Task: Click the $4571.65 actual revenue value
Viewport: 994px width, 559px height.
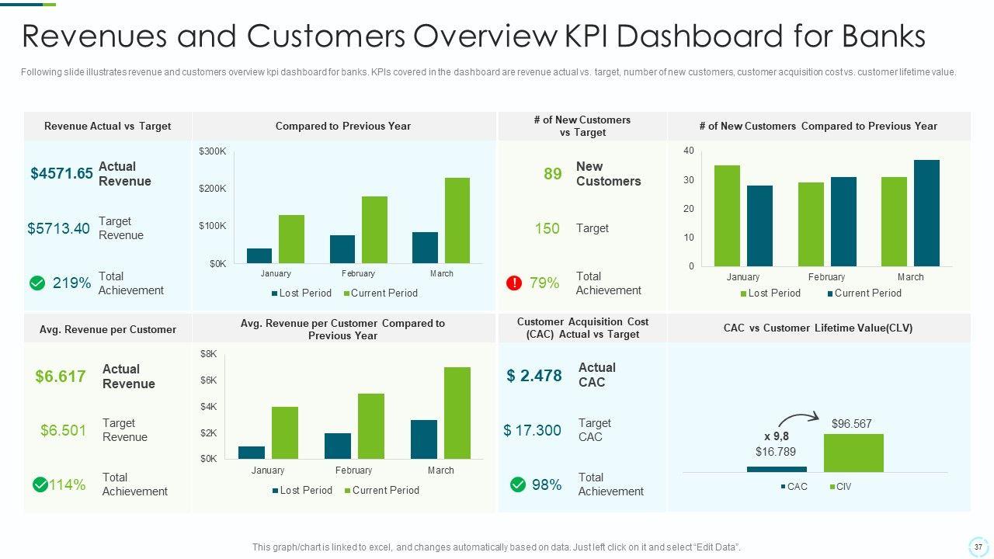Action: pyautogui.click(x=62, y=173)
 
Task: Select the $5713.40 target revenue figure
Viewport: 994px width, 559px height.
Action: pyautogui.click(x=59, y=228)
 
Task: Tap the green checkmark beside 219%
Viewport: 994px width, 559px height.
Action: pyautogui.click(x=36, y=283)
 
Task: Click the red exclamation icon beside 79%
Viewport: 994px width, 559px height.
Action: pyautogui.click(x=513, y=283)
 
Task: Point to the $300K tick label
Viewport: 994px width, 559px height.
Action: pyautogui.click(x=213, y=151)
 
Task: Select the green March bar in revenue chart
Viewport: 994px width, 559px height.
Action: pyautogui.click(x=457, y=220)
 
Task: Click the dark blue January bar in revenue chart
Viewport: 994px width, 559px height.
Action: pyautogui.click(x=259, y=255)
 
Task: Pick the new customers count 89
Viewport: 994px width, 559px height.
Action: pyautogui.click(x=552, y=174)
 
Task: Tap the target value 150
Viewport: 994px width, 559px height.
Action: pyautogui.click(x=547, y=228)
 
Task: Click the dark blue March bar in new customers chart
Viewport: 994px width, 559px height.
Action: pyautogui.click(x=926, y=213)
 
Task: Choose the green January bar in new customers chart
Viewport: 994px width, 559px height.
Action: pyautogui.click(x=727, y=216)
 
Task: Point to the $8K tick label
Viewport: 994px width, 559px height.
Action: pyautogui.click(x=209, y=353)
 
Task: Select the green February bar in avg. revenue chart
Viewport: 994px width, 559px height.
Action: pyautogui.click(x=371, y=426)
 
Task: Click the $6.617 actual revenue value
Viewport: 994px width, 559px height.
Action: pyautogui.click(x=61, y=377)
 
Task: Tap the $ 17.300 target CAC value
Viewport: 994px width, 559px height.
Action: pyautogui.click(x=532, y=430)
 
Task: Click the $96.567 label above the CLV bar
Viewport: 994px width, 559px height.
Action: pyautogui.click(x=852, y=424)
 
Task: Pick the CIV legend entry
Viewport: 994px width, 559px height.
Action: pyautogui.click(x=840, y=487)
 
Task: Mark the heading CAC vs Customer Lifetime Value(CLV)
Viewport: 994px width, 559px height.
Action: pyautogui.click(x=818, y=328)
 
